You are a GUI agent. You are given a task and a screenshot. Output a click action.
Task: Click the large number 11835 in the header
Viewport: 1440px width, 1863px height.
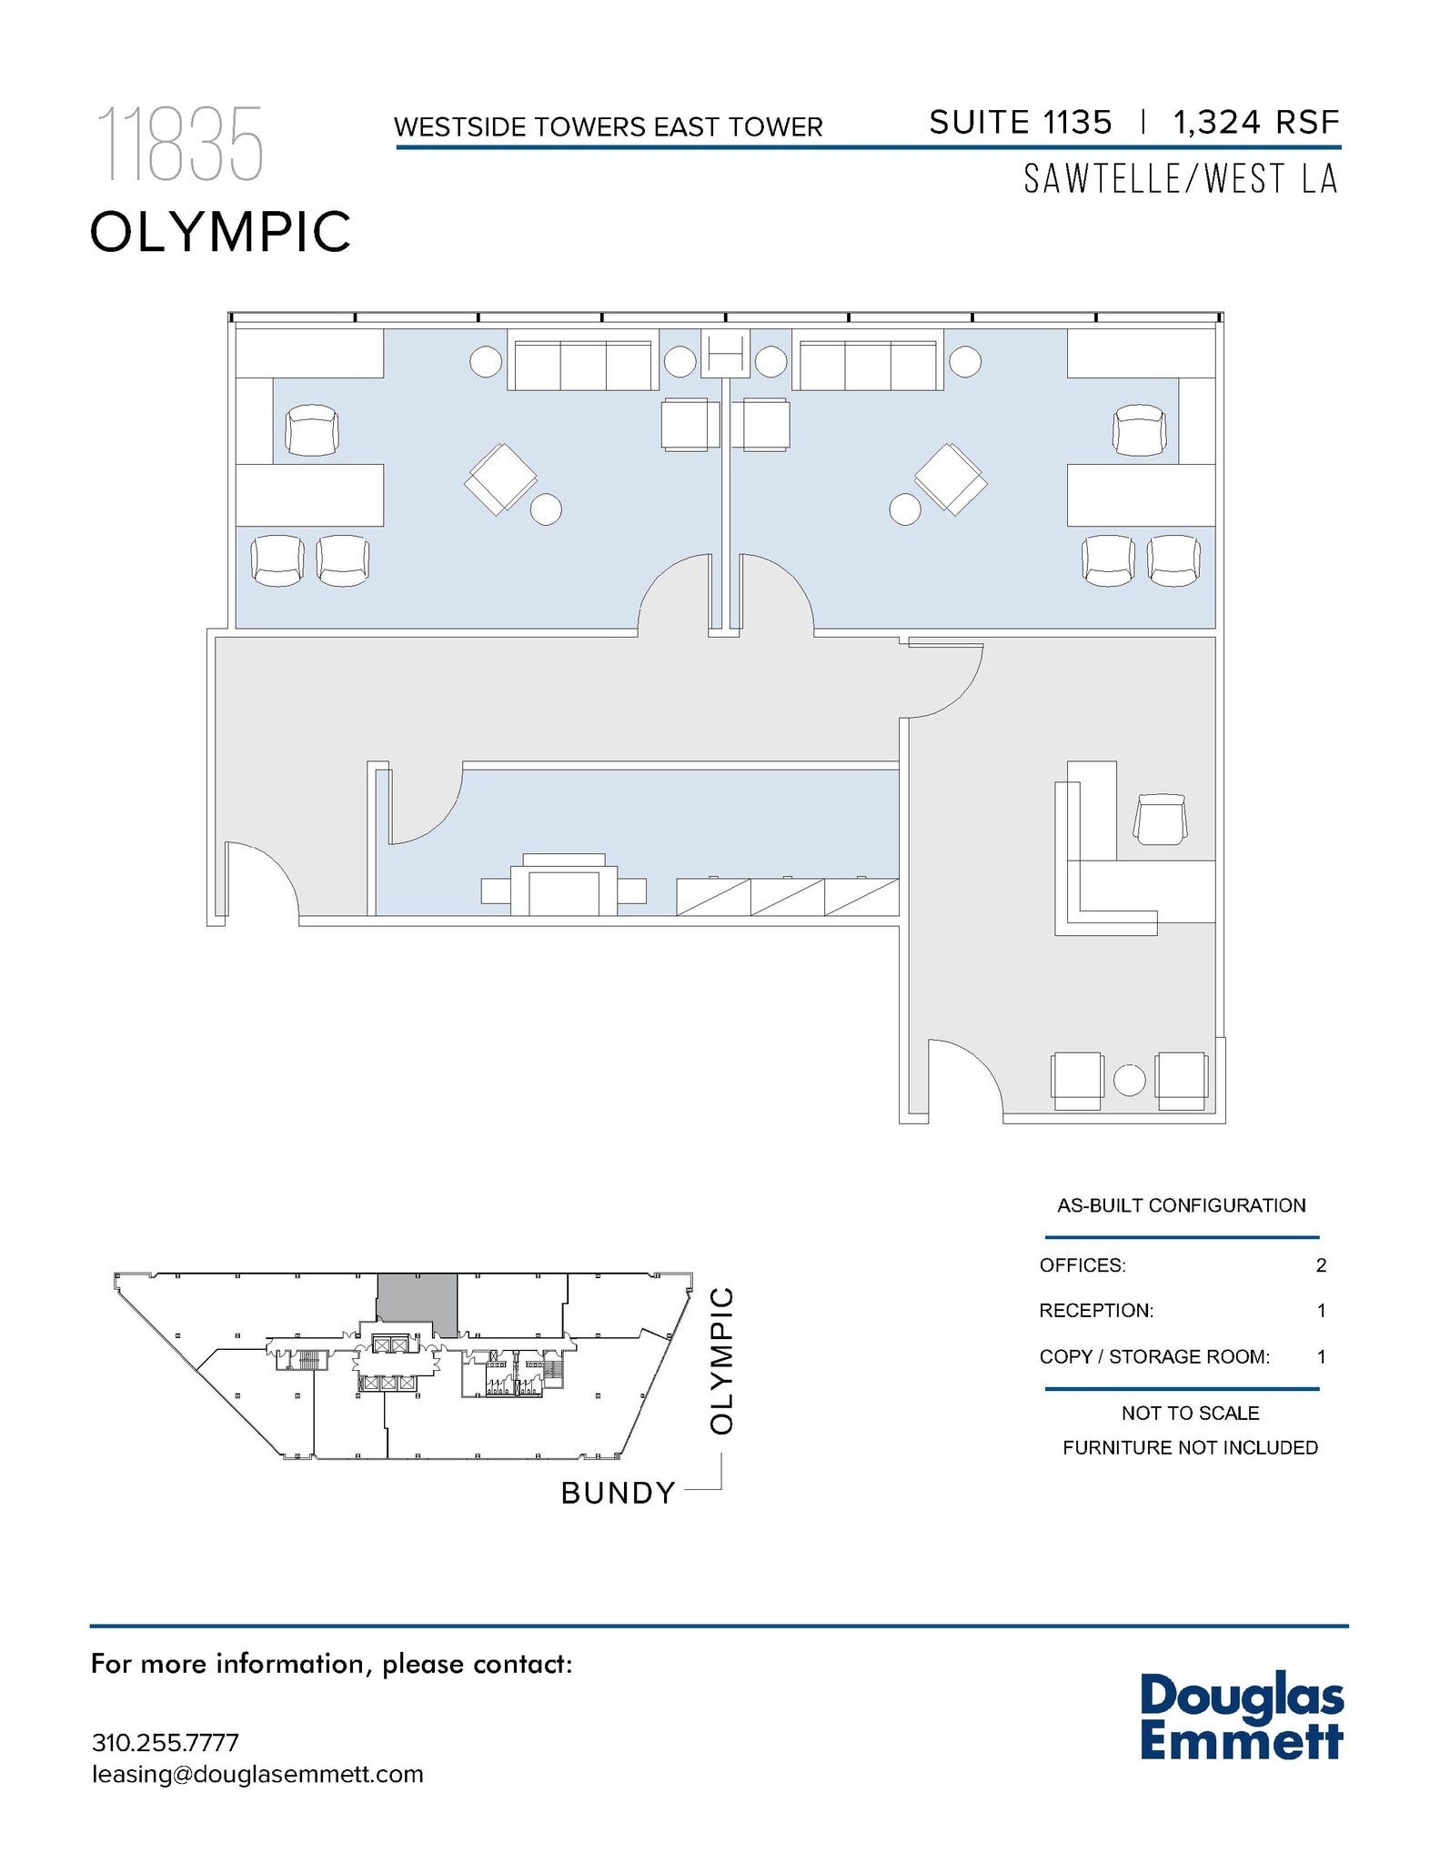[179, 144]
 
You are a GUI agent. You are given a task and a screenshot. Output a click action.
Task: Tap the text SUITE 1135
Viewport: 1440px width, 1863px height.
[1020, 122]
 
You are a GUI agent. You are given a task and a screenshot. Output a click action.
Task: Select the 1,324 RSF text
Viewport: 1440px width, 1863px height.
[1255, 122]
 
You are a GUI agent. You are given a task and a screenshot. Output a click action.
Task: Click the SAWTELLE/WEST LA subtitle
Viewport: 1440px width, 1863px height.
[1181, 179]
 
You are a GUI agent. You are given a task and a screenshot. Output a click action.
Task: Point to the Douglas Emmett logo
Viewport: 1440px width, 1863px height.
[1241, 1718]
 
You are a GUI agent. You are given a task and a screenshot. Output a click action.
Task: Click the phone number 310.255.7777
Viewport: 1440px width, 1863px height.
[166, 1742]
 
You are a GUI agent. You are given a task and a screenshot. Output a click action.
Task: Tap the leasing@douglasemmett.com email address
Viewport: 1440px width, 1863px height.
[257, 1774]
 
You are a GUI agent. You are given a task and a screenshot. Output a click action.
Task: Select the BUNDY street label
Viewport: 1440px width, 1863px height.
[618, 1494]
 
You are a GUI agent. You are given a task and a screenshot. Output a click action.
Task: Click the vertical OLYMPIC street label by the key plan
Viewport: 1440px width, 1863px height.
[721, 1360]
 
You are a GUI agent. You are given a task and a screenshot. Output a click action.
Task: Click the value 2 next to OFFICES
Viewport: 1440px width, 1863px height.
[1321, 1265]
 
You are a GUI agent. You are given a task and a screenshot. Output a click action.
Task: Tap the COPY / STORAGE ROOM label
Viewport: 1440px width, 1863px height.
[1153, 1356]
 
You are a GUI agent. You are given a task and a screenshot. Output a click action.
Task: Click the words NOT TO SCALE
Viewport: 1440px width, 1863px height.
[1190, 1413]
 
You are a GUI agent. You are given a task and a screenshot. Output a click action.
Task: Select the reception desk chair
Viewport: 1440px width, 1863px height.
[1160, 818]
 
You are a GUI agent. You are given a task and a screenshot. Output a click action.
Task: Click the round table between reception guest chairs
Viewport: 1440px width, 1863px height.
[1130, 1080]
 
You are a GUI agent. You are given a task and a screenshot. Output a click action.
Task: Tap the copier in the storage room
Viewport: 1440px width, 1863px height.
[564, 885]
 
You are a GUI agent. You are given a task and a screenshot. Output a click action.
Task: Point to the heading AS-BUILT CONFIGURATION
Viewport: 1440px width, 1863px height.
[1181, 1205]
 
